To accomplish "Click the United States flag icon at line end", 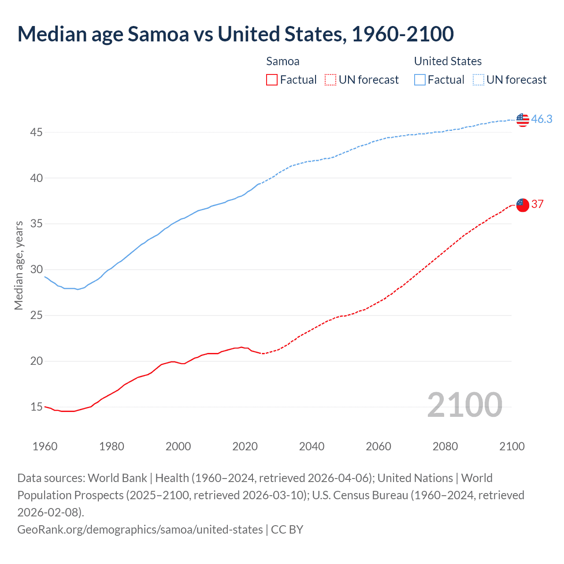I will tap(523, 119).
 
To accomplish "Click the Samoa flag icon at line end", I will tap(523, 205).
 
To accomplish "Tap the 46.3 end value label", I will tap(542, 119).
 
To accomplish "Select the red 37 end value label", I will tap(537, 204).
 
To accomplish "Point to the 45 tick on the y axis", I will tap(37, 132).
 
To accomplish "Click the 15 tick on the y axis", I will tap(37, 407).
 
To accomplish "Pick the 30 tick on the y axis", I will tap(37, 270).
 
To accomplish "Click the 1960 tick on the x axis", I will tap(45, 446).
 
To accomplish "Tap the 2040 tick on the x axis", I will tap(312, 446).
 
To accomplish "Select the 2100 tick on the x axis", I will tap(512, 446).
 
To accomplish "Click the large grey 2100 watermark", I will tap(464, 405).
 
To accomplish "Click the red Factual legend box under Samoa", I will tap(272, 80).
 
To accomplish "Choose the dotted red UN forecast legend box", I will tap(330, 80).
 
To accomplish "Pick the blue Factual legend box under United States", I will tap(420, 80).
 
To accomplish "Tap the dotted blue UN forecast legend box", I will tap(478, 80).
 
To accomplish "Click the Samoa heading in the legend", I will tap(282, 61).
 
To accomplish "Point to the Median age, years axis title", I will tap(19, 266).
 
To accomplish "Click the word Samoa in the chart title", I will tap(158, 34).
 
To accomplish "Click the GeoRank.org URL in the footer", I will tap(140, 529).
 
